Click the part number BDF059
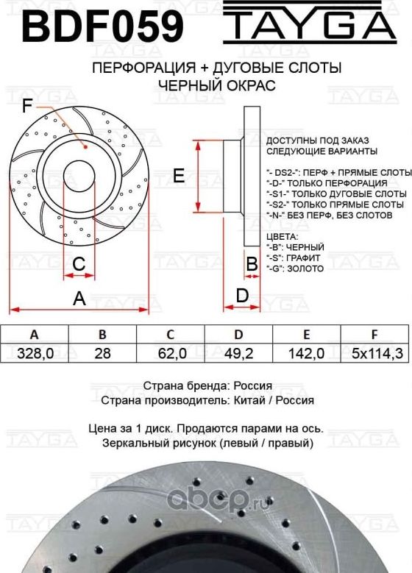tap(102, 26)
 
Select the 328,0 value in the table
tap(34, 354)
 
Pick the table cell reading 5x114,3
tap(377, 354)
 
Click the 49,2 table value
tap(238, 354)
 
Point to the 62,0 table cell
tap(171, 354)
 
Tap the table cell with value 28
tap(103, 354)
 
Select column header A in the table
tap(34, 335)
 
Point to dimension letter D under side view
tap(241, 296)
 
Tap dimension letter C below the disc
tap(79, 263)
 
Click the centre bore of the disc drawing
tap(79, 177)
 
